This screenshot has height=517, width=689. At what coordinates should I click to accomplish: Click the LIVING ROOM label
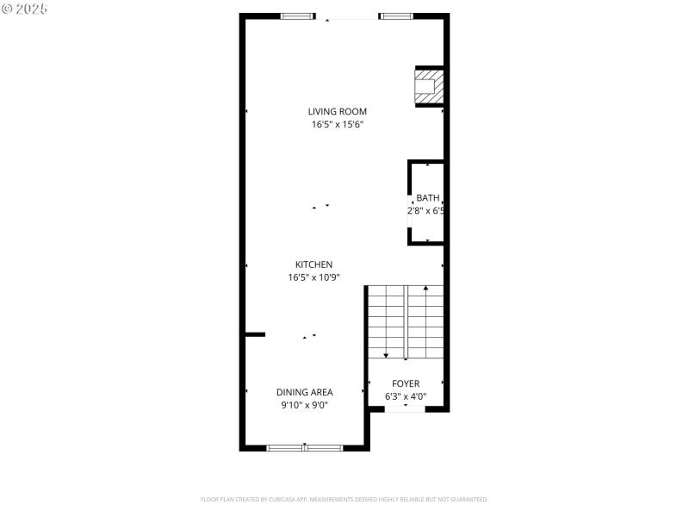click(x=338, y=111)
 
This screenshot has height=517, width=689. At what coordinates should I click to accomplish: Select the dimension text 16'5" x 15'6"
click(x=338, y=125)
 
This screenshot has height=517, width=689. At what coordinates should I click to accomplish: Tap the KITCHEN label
click(x=313, y=265)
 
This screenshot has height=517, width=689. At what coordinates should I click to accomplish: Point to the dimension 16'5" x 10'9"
click(x=313, y=277)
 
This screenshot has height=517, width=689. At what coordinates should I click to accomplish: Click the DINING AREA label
click(x=304, y=392)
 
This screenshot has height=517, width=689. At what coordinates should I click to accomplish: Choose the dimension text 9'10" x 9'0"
click(x=304, y=405)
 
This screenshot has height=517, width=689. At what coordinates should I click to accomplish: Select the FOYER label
click(x=406, y=383)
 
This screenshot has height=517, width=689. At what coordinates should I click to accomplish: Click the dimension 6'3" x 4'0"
click(x=406, y=397)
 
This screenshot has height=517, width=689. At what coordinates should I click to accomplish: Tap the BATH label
click(x=427, y=197)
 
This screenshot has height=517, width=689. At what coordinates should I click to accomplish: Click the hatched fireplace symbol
click(x=429, y=86)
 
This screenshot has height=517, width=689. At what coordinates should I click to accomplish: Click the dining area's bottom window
click(x=304, y=447)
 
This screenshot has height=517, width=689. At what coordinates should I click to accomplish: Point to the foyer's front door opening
click(x=405, y=409)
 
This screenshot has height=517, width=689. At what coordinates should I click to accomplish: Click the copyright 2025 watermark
click(x=25, y=8)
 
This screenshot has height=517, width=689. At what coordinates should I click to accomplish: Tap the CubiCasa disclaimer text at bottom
click(x=344, y=499)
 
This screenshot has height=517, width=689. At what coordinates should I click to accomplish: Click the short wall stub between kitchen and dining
click(x=255, y=333)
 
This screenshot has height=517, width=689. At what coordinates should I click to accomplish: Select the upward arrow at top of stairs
click(x=425, y=289)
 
